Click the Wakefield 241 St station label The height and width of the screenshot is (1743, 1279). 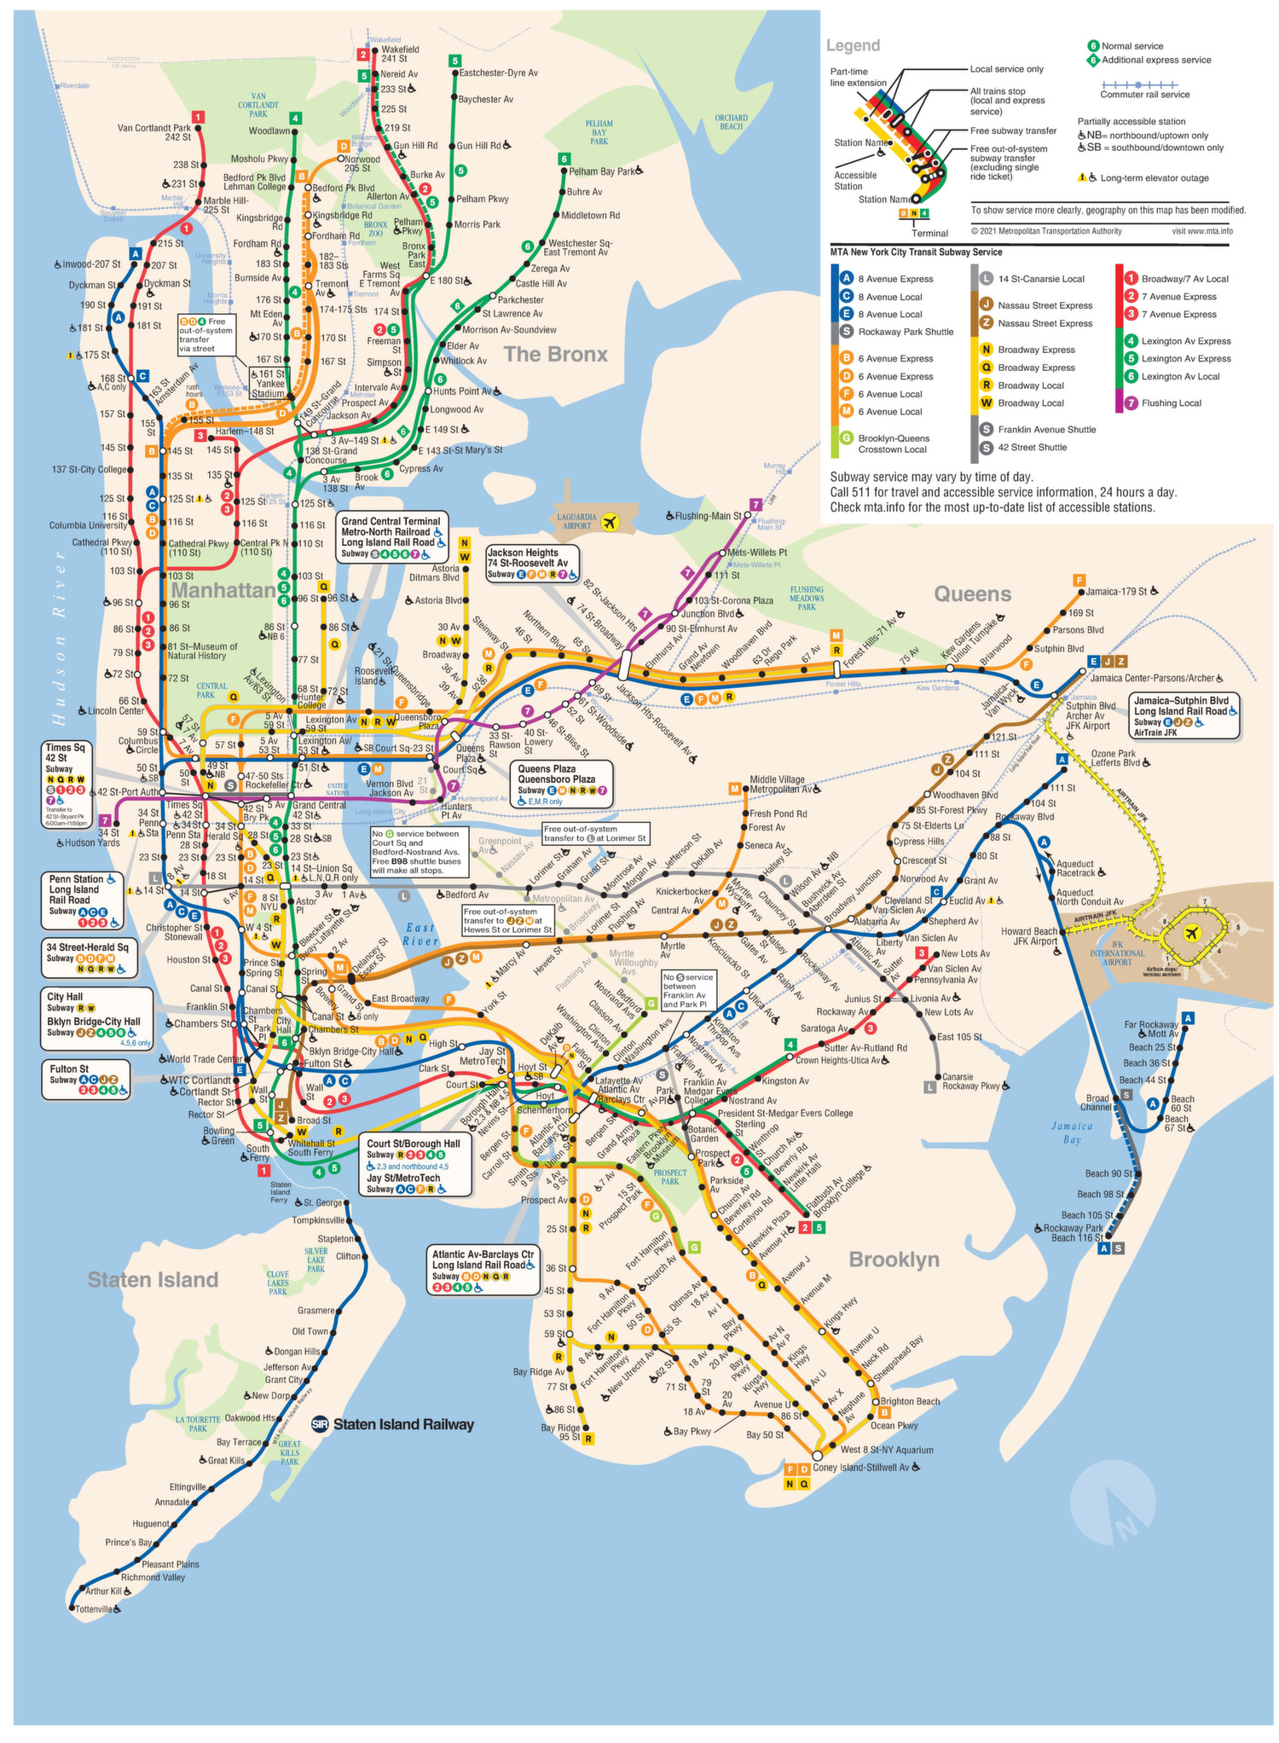[399, 55]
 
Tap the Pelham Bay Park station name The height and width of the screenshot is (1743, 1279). [602, 171]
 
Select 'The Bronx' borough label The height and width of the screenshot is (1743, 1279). [555, 354]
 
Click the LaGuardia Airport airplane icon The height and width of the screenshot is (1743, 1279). [610, 522]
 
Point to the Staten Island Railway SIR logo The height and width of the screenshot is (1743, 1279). [321, 1424]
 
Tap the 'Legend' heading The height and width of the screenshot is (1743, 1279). [853, 45]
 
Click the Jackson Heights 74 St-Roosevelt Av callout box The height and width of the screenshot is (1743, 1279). [533, 563]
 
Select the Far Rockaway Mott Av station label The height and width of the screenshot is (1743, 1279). [1151, 1028]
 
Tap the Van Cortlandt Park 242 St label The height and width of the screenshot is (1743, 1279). [154, 132]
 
